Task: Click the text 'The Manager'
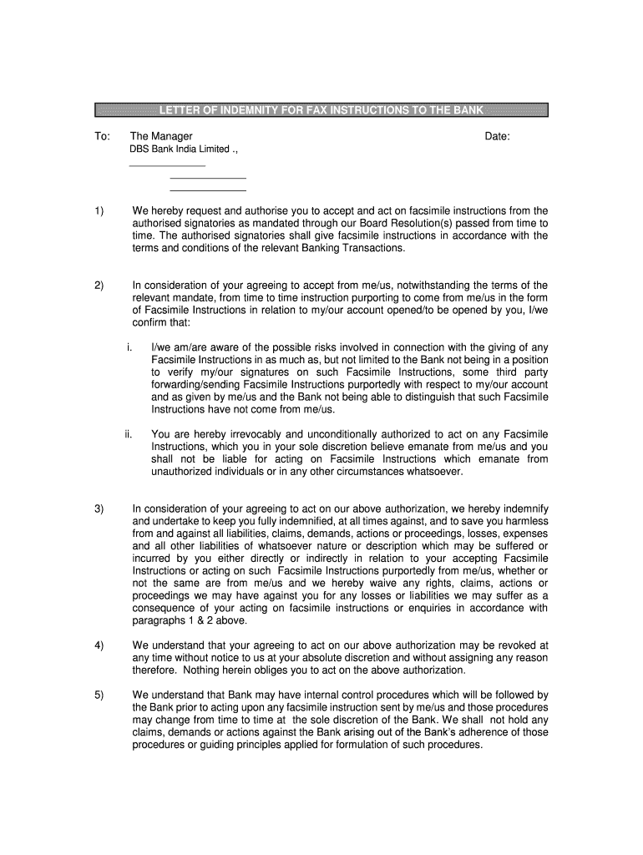tap(161, 136)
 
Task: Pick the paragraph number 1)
tap(99, 211)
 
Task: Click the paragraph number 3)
tap(99, 508)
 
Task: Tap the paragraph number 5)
tap(99, 695)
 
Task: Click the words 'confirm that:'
tap(161, 323)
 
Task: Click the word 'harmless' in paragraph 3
tap(526, 520)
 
